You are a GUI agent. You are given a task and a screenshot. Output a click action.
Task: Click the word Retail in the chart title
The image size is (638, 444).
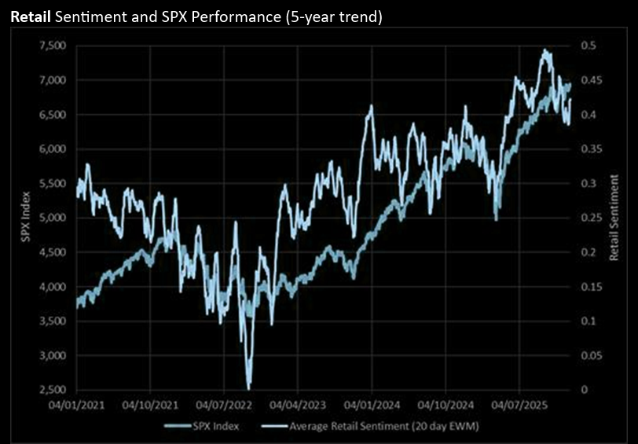31,17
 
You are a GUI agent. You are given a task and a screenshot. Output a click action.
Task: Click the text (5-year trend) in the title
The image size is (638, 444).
330,17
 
